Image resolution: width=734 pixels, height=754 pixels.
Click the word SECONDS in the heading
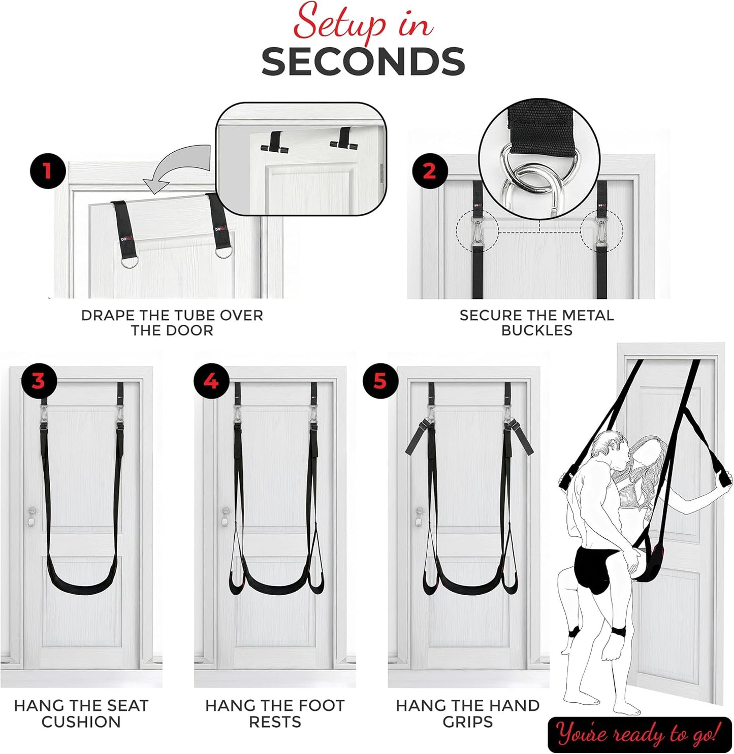tap(363, 62)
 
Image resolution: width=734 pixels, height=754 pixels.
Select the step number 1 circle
tap(48, 171)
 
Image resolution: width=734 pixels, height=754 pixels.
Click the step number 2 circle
tap(429, 171)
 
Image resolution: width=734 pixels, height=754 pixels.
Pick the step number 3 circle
tap(38, 381)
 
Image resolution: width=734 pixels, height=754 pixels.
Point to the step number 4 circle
tap(211, 381)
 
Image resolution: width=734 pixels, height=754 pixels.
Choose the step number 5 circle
tap(380, 381)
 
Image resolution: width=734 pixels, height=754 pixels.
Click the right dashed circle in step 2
tap(602, 231)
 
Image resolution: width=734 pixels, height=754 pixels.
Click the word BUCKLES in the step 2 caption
tap(536, 330)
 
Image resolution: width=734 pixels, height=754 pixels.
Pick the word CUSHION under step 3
tap(81, 722)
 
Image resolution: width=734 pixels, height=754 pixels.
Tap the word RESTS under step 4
tap(275, 722)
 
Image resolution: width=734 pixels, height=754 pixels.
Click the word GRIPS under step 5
tap(467, 722)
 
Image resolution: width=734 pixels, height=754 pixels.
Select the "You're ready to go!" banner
tap(639, 734)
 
